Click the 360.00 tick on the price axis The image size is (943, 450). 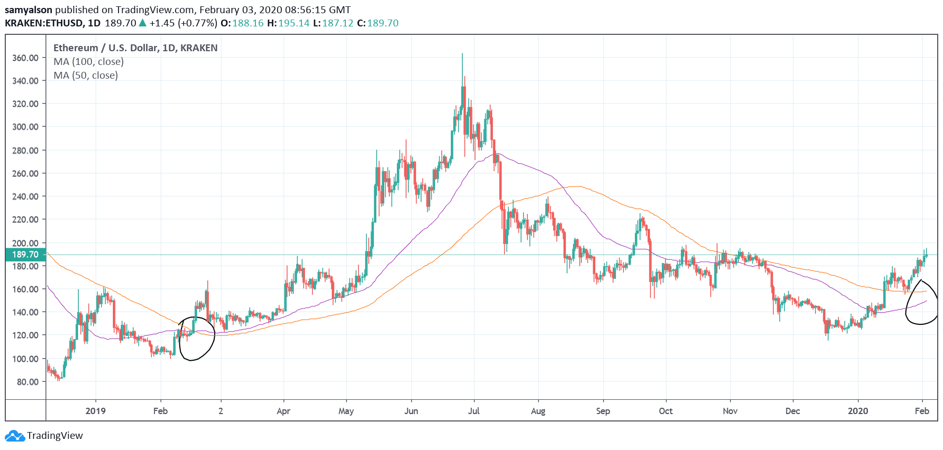coord(25,58)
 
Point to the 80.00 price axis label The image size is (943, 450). coord(28,382)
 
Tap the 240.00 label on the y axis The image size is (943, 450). coord(25,196)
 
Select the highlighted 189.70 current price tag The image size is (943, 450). coord(25,255)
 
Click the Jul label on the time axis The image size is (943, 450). coord(474,411)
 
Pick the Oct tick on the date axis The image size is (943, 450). coord(665,411)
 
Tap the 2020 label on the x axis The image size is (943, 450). coord(857,411)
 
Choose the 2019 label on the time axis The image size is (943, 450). coord(96,411)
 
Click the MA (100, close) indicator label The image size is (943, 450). coord(88,62)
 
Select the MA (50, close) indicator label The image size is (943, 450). coord(86,76)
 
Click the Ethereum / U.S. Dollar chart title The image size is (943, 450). coord(135,48)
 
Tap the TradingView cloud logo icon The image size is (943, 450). coord(15,436)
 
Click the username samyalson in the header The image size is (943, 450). coord(29,10)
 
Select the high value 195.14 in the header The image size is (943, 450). coord(294,23)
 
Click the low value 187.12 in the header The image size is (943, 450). coord(337,23)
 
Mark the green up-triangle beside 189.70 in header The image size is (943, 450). coord(142,23)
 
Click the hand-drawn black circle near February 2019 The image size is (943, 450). coord(197,339)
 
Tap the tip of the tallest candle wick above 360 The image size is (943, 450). coord(462,53)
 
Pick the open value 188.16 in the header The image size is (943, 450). coord(248,23)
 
